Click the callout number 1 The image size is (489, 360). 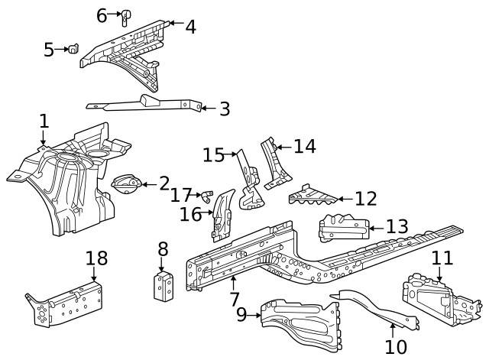pyautogui.click(x=44, y=122)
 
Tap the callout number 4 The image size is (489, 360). pyautogui.click(x=190, y=27)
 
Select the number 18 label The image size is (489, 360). pyautogui.click(x=96, y=258)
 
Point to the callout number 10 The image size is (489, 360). pyautogui.click(x=395, y=346)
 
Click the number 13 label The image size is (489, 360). pyautogui.click(x=397, y=226)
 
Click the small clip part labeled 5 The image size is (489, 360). pyautogui.click(x=73, y=50)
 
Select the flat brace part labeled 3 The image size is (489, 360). pyautogui.click(x=145, y=104)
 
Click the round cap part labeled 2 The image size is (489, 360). pyautogui.click(x=127, y=183)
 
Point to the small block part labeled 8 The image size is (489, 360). pyautogui.click(x=164, y=285)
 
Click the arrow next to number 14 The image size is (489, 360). pyautogui.click(x=278, y=146)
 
